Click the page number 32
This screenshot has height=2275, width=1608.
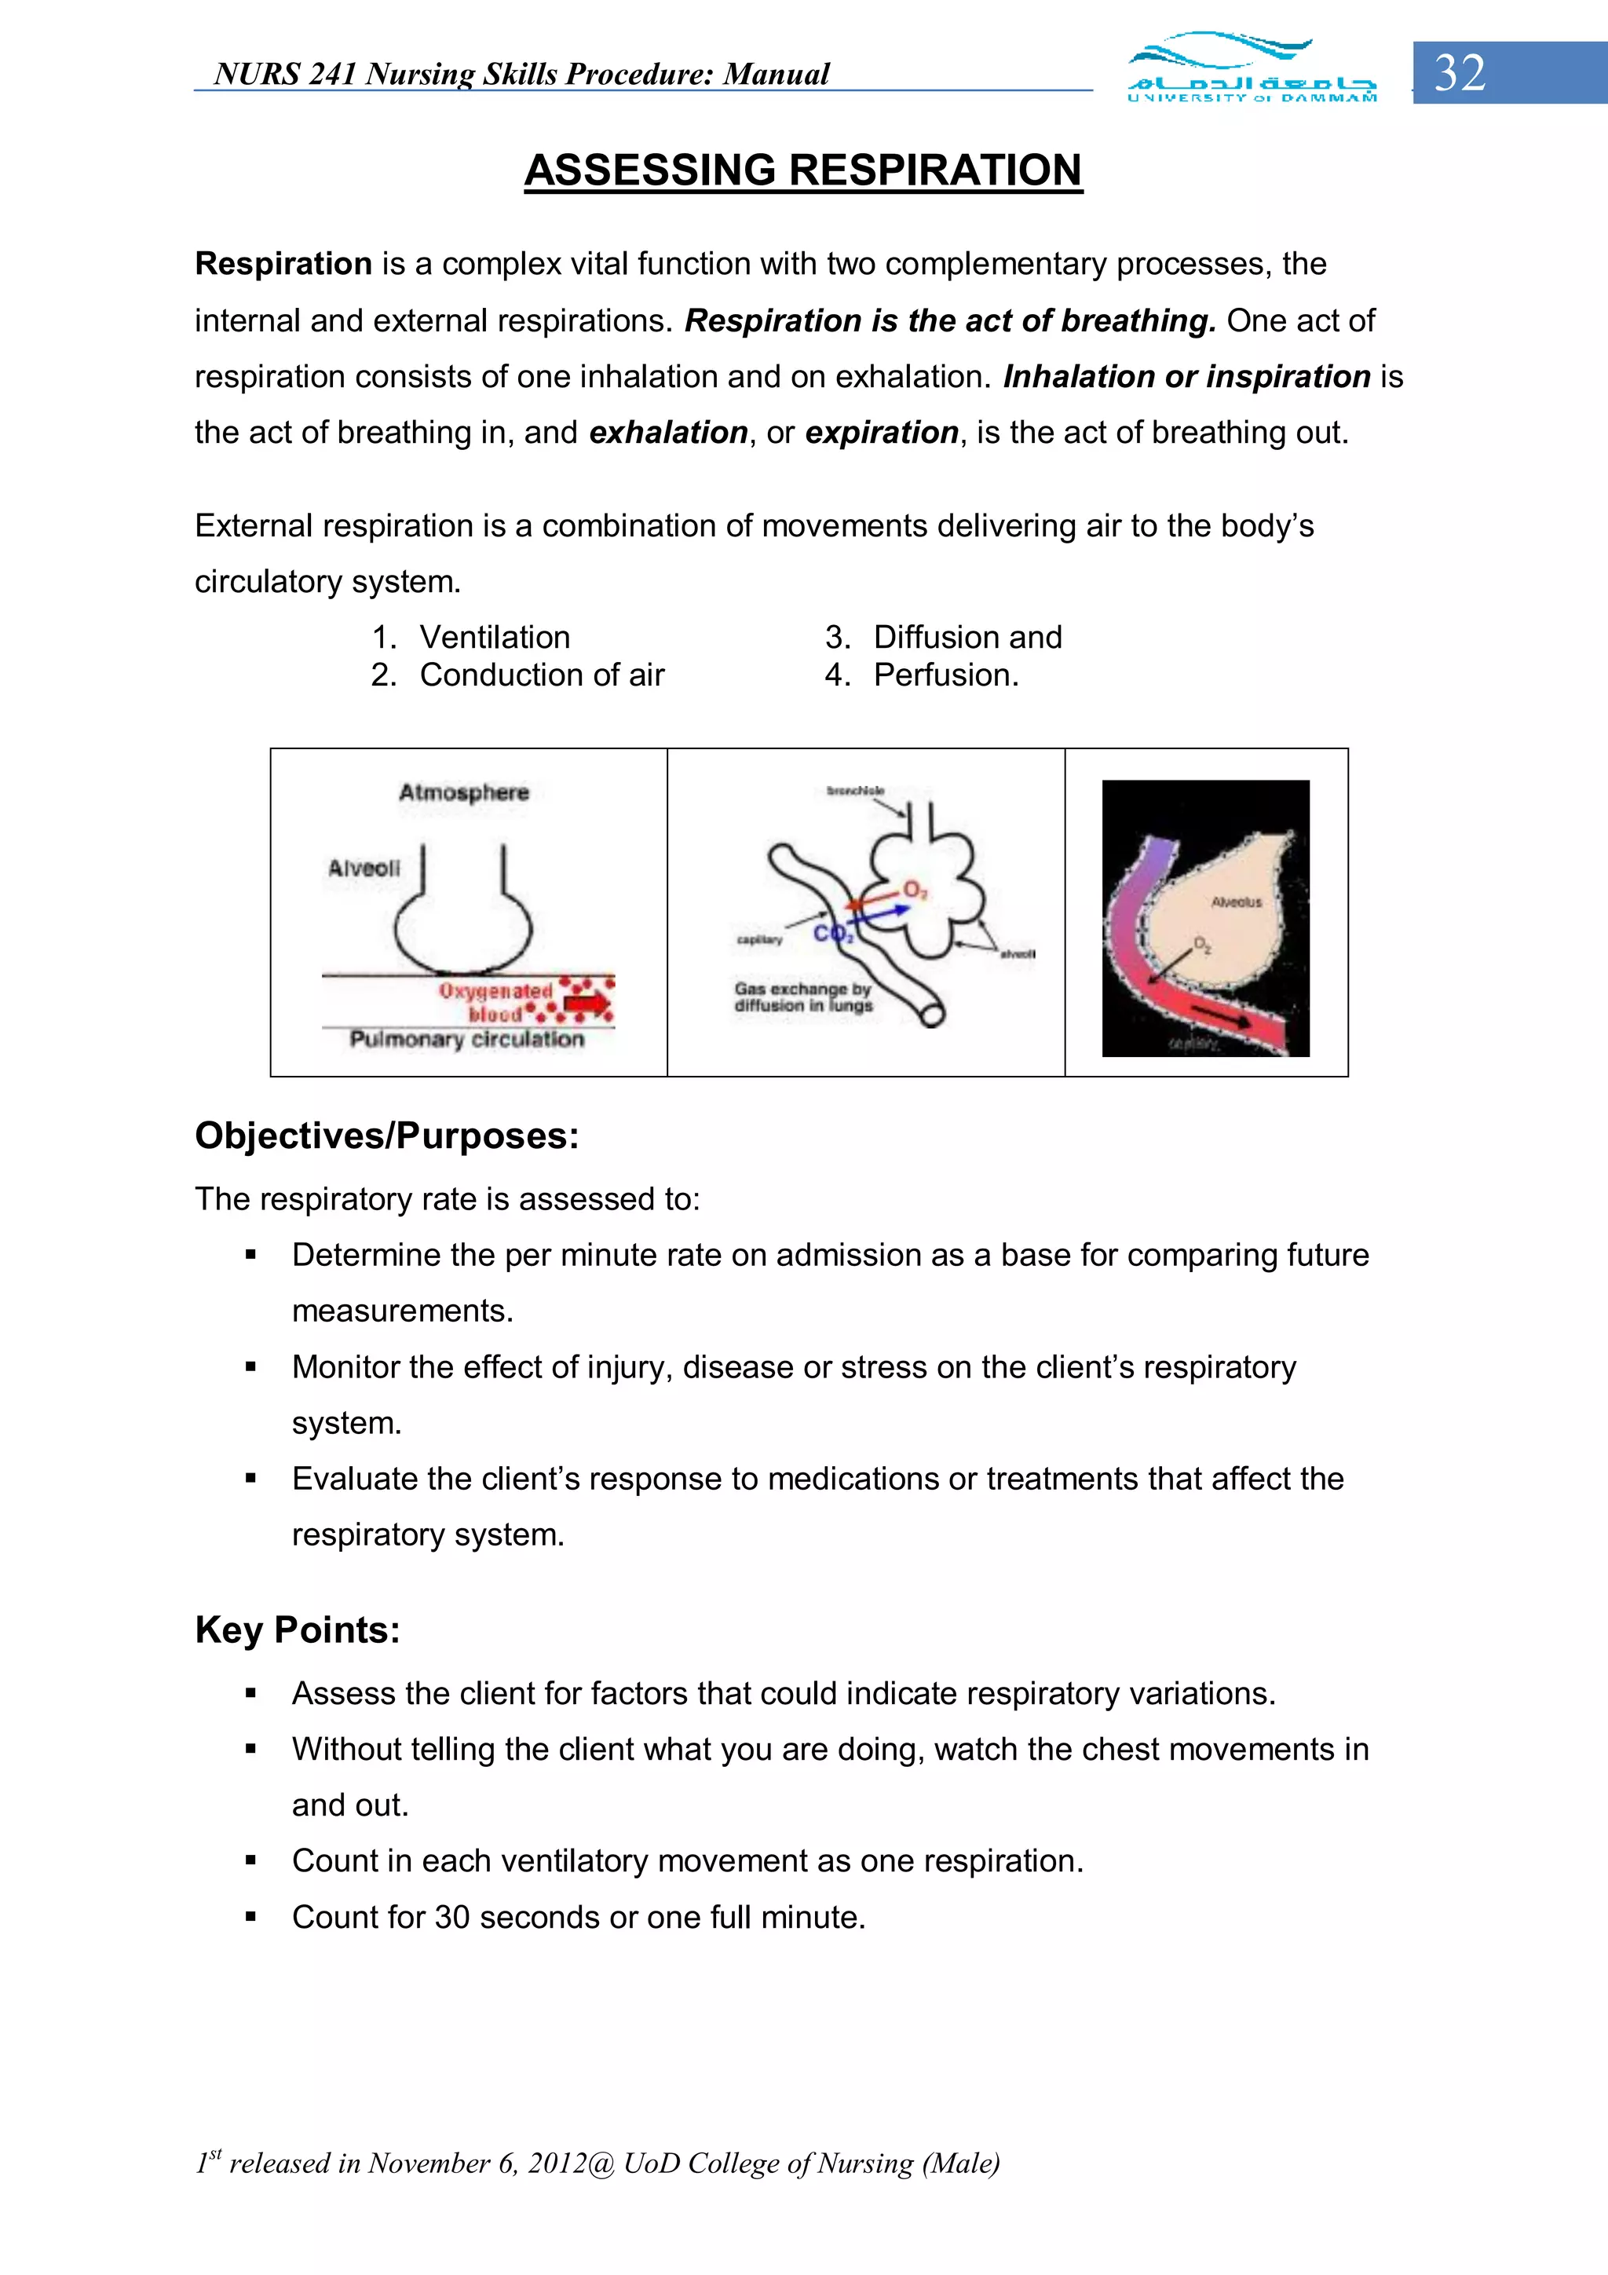coord(1460,73)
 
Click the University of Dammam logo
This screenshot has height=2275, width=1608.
coord(1252,68)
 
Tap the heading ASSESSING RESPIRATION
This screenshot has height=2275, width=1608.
coord(802,170)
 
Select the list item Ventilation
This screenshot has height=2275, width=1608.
coord(495,637)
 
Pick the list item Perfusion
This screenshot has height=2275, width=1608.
coord(945,675)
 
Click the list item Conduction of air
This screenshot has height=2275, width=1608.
coord(541,675)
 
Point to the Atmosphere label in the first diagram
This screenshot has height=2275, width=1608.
coord(464,792)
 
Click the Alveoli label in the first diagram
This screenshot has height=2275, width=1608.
coord(364,869)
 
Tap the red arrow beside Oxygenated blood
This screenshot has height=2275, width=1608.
coord(589,1003)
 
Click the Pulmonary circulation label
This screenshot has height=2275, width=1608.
coord(466,1040)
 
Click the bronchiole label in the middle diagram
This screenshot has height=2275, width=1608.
coord(855,791)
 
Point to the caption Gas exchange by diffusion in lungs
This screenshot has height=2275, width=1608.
coord(802,997)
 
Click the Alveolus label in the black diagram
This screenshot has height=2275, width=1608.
coord(1237,902)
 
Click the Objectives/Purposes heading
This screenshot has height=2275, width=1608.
coord(386,1136)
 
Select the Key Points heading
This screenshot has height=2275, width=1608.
coord(298,1630)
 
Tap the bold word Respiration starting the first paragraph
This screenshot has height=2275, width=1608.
coord(283,265)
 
